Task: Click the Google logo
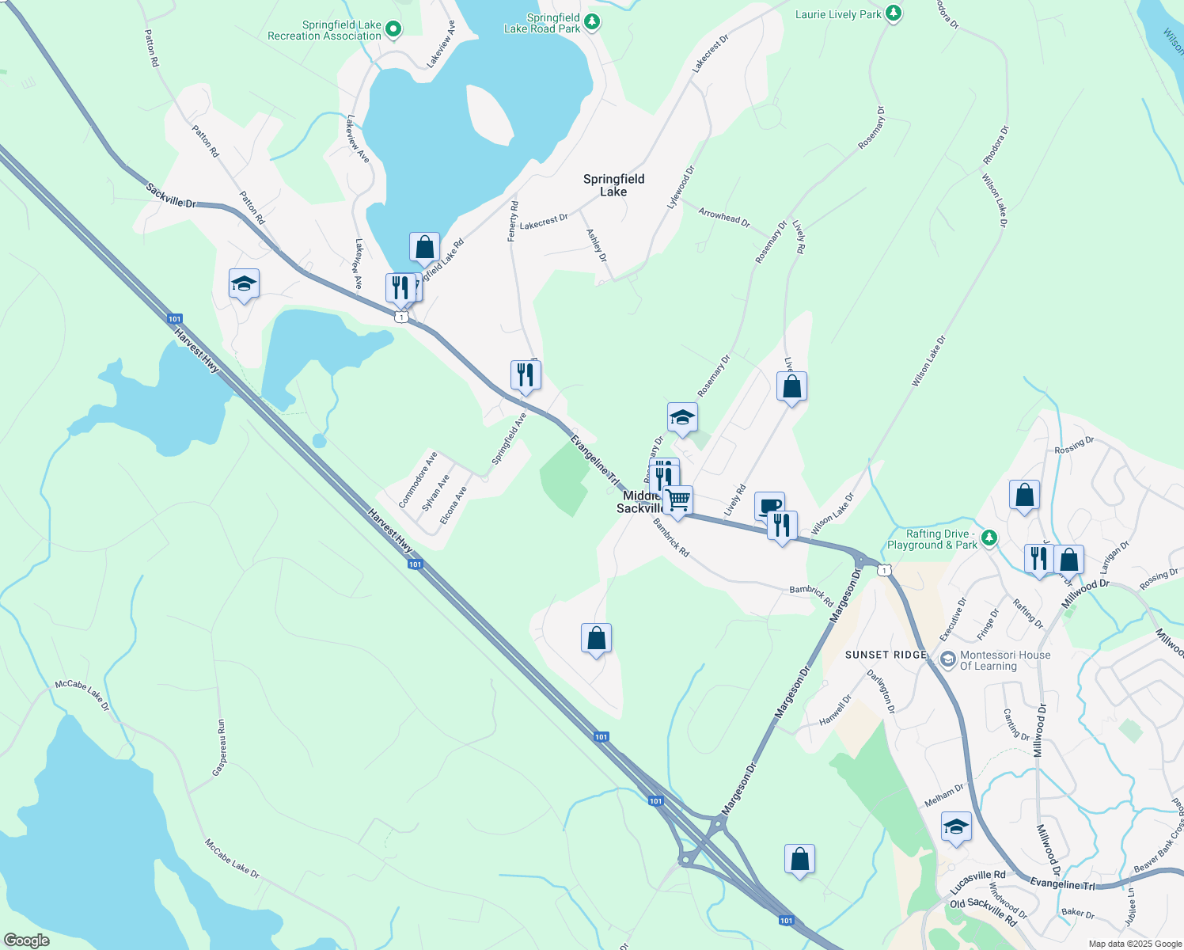coord(26,940)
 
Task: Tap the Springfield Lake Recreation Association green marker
coord(393,31)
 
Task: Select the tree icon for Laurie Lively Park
coord(894,13)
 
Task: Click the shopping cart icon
coord(678,501)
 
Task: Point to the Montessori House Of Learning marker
coord(947,659)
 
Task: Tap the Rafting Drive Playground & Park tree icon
coord(989,538)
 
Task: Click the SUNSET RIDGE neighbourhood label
coord(886,655)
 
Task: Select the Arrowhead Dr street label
coord(724,218)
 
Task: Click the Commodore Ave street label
coord(418,480)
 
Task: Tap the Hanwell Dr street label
coord(836,709)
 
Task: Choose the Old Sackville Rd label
coord(983,911)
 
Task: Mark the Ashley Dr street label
coord(596,245)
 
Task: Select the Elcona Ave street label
coord(453,505)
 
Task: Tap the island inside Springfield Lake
coord(491,115)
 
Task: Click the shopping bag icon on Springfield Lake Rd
coord(424,247)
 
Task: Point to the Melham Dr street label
coord(944,795)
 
